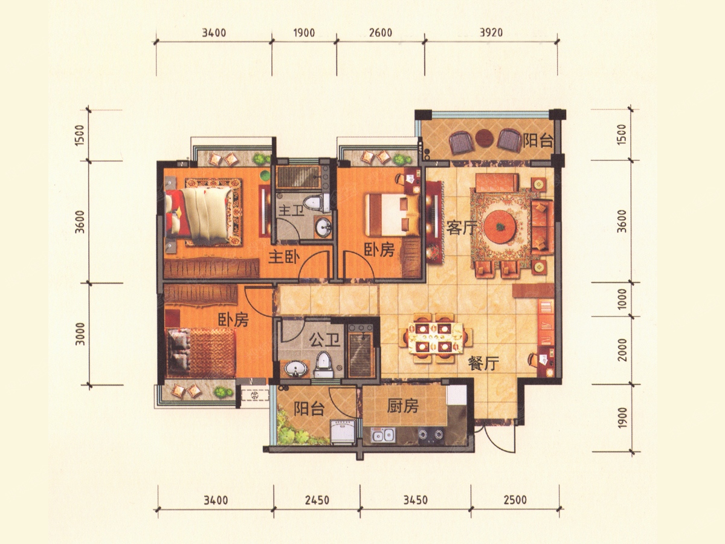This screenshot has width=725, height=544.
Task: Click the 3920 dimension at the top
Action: [491, 33]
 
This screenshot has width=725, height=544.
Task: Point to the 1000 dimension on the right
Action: [622, 299]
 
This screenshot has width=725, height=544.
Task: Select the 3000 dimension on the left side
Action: [80, 334]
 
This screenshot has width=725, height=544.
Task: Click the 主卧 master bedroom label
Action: [284, 257]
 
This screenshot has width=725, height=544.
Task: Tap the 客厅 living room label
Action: [462, 228]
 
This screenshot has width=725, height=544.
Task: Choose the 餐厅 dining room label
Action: [483, 364]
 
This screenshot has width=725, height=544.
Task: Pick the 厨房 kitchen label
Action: [402, 406]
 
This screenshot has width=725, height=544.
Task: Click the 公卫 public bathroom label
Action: [324, 340]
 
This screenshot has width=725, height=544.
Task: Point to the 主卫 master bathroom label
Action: [291, 212]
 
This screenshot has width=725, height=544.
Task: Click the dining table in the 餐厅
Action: [434, 337]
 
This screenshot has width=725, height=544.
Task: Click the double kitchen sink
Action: [383, 435]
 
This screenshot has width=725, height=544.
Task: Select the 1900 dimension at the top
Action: [304, 33]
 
